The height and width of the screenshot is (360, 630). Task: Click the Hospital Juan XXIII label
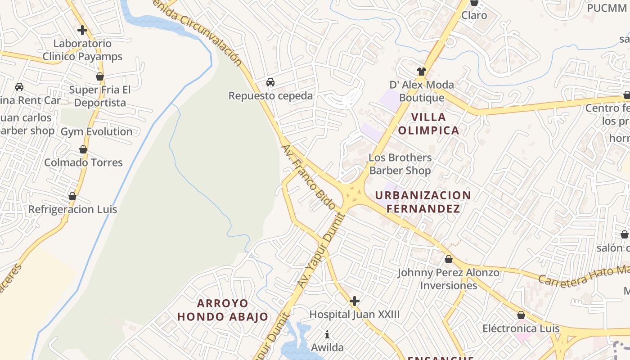coord(354,314)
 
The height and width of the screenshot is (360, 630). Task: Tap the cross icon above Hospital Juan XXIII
coord(355,301)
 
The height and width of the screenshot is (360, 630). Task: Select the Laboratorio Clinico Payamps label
coord(82,50)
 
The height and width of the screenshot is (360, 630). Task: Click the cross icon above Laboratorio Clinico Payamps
coord(82,30)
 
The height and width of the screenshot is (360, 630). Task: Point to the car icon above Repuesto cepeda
coord(270,82)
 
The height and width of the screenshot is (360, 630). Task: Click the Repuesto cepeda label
coord(270,96)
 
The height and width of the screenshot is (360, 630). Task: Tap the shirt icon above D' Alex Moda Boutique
coord(421,71)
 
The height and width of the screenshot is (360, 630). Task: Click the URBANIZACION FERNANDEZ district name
coord(423,202)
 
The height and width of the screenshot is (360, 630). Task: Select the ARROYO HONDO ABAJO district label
coord(223,310)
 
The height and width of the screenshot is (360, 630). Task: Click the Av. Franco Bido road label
coord(308,177)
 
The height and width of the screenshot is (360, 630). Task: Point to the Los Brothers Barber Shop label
coord(400,164)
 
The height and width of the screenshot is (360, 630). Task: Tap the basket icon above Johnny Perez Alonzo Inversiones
coord(448,259)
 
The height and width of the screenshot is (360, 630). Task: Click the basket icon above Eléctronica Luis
coord(521,315)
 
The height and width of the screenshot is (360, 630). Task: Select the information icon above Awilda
coord(327,334)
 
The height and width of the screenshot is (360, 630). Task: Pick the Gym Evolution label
coord(97,132)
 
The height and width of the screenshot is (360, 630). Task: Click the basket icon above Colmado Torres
coord(83,149)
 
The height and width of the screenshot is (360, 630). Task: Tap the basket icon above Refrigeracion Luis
coord(72,197)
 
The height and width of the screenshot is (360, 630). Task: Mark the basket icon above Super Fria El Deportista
coord(100,76)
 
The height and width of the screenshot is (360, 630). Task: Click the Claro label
coord(474,15)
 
